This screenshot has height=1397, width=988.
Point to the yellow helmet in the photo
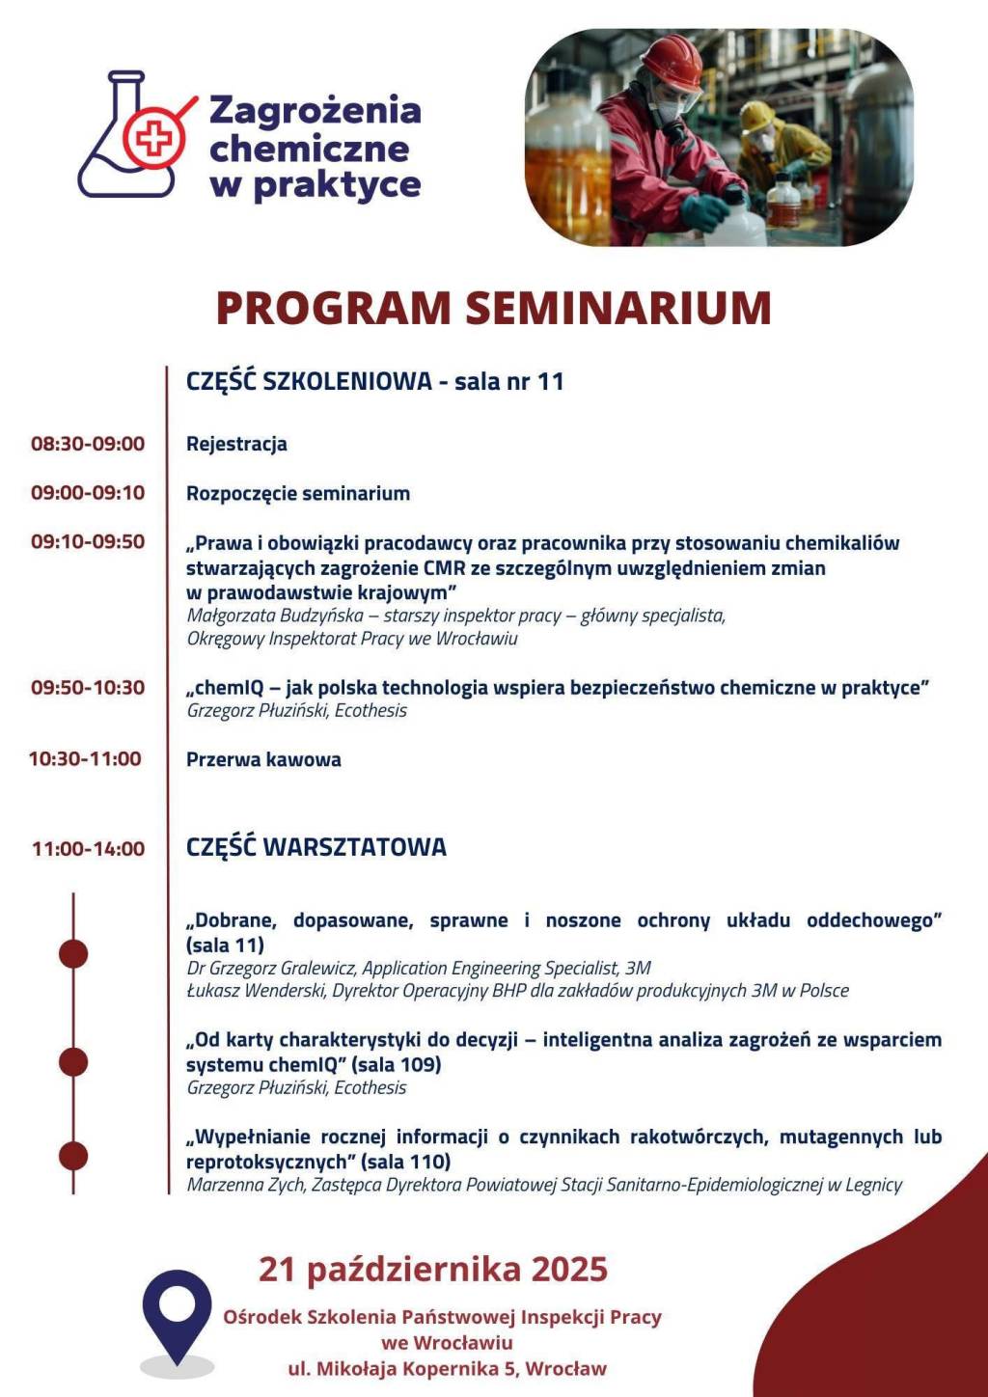point(756,118)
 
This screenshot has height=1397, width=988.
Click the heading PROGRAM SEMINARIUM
point(493,308)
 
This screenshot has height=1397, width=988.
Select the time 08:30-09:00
point(88,444)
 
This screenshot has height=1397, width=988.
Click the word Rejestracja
point(236,444)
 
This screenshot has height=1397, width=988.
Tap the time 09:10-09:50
point(88,541)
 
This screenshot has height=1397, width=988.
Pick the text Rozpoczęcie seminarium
point(298,493)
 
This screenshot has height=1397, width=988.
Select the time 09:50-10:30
point(88,688)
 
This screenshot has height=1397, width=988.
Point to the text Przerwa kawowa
point(263,759)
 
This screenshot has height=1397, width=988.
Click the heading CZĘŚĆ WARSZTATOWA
point(316,847)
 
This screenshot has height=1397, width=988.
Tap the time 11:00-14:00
point(88,849)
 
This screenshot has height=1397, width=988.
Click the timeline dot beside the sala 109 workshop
point(73,1062)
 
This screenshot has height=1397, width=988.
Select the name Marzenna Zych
point(244,1185)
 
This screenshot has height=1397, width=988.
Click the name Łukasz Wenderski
point(256,991)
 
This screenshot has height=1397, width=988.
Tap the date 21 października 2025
point(433,1268)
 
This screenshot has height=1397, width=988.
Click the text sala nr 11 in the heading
point(508,381)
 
